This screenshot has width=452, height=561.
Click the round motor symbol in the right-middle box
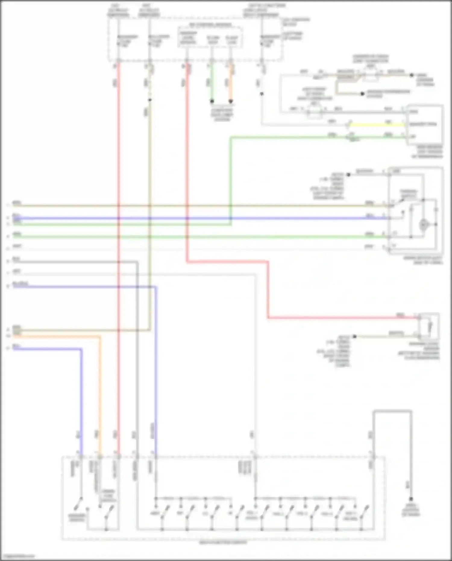click(x=424, y=225)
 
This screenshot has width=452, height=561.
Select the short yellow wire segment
click(x=377, y=124)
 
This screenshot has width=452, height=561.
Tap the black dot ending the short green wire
click(x=212, y=101)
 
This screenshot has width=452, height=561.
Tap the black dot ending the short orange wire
click(x=231, y=101)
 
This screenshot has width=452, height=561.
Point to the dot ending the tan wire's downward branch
click(x=363, y=94)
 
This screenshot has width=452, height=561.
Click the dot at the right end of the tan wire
click(x=411, y=75)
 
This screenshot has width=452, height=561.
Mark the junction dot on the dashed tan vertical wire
click(x=150, y=100)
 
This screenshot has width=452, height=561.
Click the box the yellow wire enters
click(x=425, y=124)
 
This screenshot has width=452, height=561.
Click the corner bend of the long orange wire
click(x=100, y=337)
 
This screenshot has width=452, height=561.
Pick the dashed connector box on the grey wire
click(x=314, y=112)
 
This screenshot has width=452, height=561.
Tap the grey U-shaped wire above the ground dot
click(x=392, y=411)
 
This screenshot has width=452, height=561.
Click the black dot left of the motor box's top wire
click(x=348, y=175)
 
